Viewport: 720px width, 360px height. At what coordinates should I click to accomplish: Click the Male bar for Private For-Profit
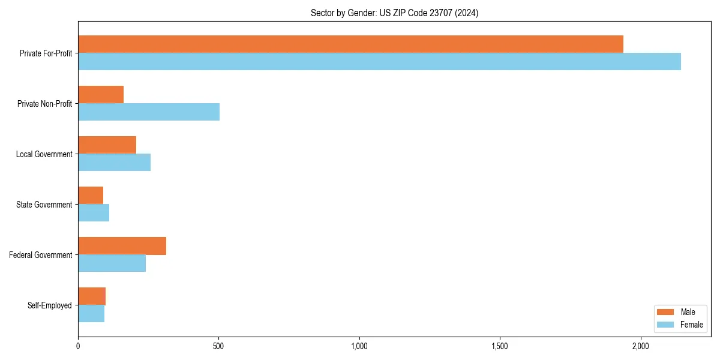[x=350, y=44]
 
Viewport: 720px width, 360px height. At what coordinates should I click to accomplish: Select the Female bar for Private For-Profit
[x=379, y=61]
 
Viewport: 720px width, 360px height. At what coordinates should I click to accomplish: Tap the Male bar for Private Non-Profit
[x=101, y=94]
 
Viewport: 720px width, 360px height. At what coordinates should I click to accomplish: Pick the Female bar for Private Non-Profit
[x=149, y=112]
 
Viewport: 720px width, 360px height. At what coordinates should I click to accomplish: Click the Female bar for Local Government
[x=114, y=162]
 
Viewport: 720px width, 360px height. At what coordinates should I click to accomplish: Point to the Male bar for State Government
[x=91, y=195]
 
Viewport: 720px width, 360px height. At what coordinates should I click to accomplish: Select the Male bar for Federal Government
[x=122, y=245]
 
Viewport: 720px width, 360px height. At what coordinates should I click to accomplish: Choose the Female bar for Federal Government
[x=112, y=263]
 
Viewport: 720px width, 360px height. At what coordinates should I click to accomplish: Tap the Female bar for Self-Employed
[x=91, y=313]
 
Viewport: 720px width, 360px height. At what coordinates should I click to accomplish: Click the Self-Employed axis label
[x=50, y=305]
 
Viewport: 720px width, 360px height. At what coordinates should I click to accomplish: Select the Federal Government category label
[x=41, y=255]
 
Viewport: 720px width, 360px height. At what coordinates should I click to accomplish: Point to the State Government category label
[x=44, y=205]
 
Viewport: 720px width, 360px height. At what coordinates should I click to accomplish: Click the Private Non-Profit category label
[x=44, y=104]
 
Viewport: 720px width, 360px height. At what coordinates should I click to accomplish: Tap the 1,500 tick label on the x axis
[x=500, y=346]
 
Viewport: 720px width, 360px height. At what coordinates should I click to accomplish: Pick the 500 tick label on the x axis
[x=218, y=346]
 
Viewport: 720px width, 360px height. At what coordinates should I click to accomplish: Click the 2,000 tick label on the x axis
[x=641, y=346]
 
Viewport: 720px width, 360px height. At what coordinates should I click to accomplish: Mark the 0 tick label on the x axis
[x=78, y=346]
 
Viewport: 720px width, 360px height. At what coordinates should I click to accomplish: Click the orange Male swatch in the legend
[x=666, y=312]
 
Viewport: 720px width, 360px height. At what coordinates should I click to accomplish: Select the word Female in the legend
[x=692, y=325]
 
